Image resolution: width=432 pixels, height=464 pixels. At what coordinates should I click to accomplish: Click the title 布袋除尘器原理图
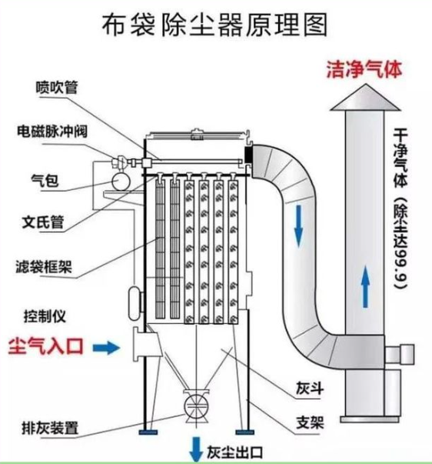(215, 25)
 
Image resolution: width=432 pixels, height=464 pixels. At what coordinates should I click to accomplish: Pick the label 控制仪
(45, 315)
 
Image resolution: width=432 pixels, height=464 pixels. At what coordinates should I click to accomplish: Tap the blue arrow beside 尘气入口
(111, 348)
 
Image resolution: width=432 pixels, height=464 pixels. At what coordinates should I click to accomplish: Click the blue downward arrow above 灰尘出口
(197, 447)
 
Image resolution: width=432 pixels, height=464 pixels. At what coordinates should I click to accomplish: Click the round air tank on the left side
(119, 179)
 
